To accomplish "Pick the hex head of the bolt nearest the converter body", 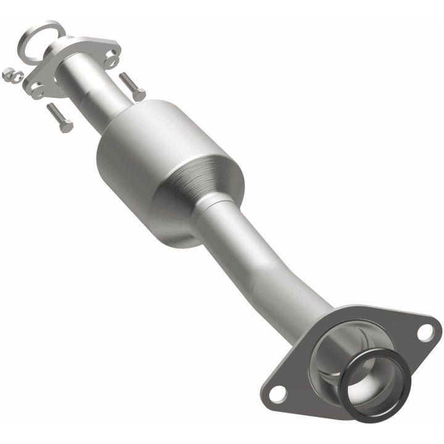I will [x=139, y=96].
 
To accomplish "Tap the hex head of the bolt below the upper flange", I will [x=66, y=126].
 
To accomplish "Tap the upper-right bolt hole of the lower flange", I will [x=425, y=332].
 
